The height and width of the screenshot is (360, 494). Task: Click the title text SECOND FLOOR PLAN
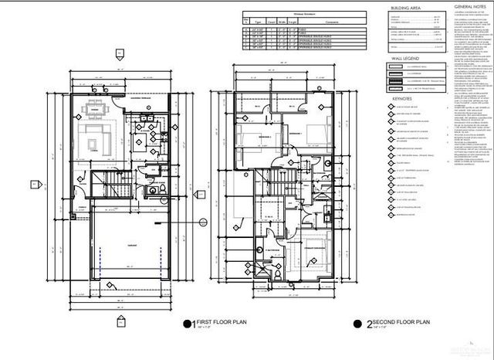[x=394, y=324]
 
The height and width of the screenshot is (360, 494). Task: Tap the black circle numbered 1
[x=186, y=325]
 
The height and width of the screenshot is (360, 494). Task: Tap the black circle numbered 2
[x=358, y=325]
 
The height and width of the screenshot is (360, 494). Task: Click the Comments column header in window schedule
[x=310, y=22]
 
